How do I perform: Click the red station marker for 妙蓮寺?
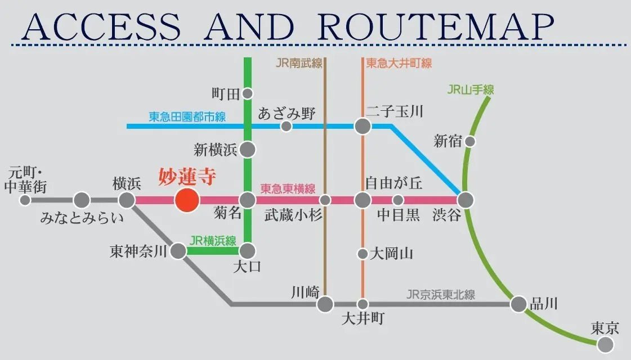tap(187, 200)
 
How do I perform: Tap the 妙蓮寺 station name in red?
tap(187, 178)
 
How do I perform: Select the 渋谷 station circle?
tap(466, 200)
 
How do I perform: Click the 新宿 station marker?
tap(469, 141)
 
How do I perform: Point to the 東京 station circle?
tap(606, 344)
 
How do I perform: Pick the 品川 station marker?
tap(518, 304)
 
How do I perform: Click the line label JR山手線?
tap(471, 89)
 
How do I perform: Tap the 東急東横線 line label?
tap(288, 189)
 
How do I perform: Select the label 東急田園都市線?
tap(187, 117)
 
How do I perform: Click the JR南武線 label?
tap(299, 63)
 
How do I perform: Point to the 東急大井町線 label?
tap(399, 63)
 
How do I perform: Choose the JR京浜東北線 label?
tap(441, 294)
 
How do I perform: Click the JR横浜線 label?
tap(213, 241)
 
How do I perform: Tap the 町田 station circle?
tap(247, 93)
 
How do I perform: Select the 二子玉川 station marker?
tap(363, 126)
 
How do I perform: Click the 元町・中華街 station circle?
tap(25, 200)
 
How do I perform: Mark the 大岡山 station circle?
tap(363, 254)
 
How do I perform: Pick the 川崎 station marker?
tap(325, 304)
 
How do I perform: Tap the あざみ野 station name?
tap(287, 114)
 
